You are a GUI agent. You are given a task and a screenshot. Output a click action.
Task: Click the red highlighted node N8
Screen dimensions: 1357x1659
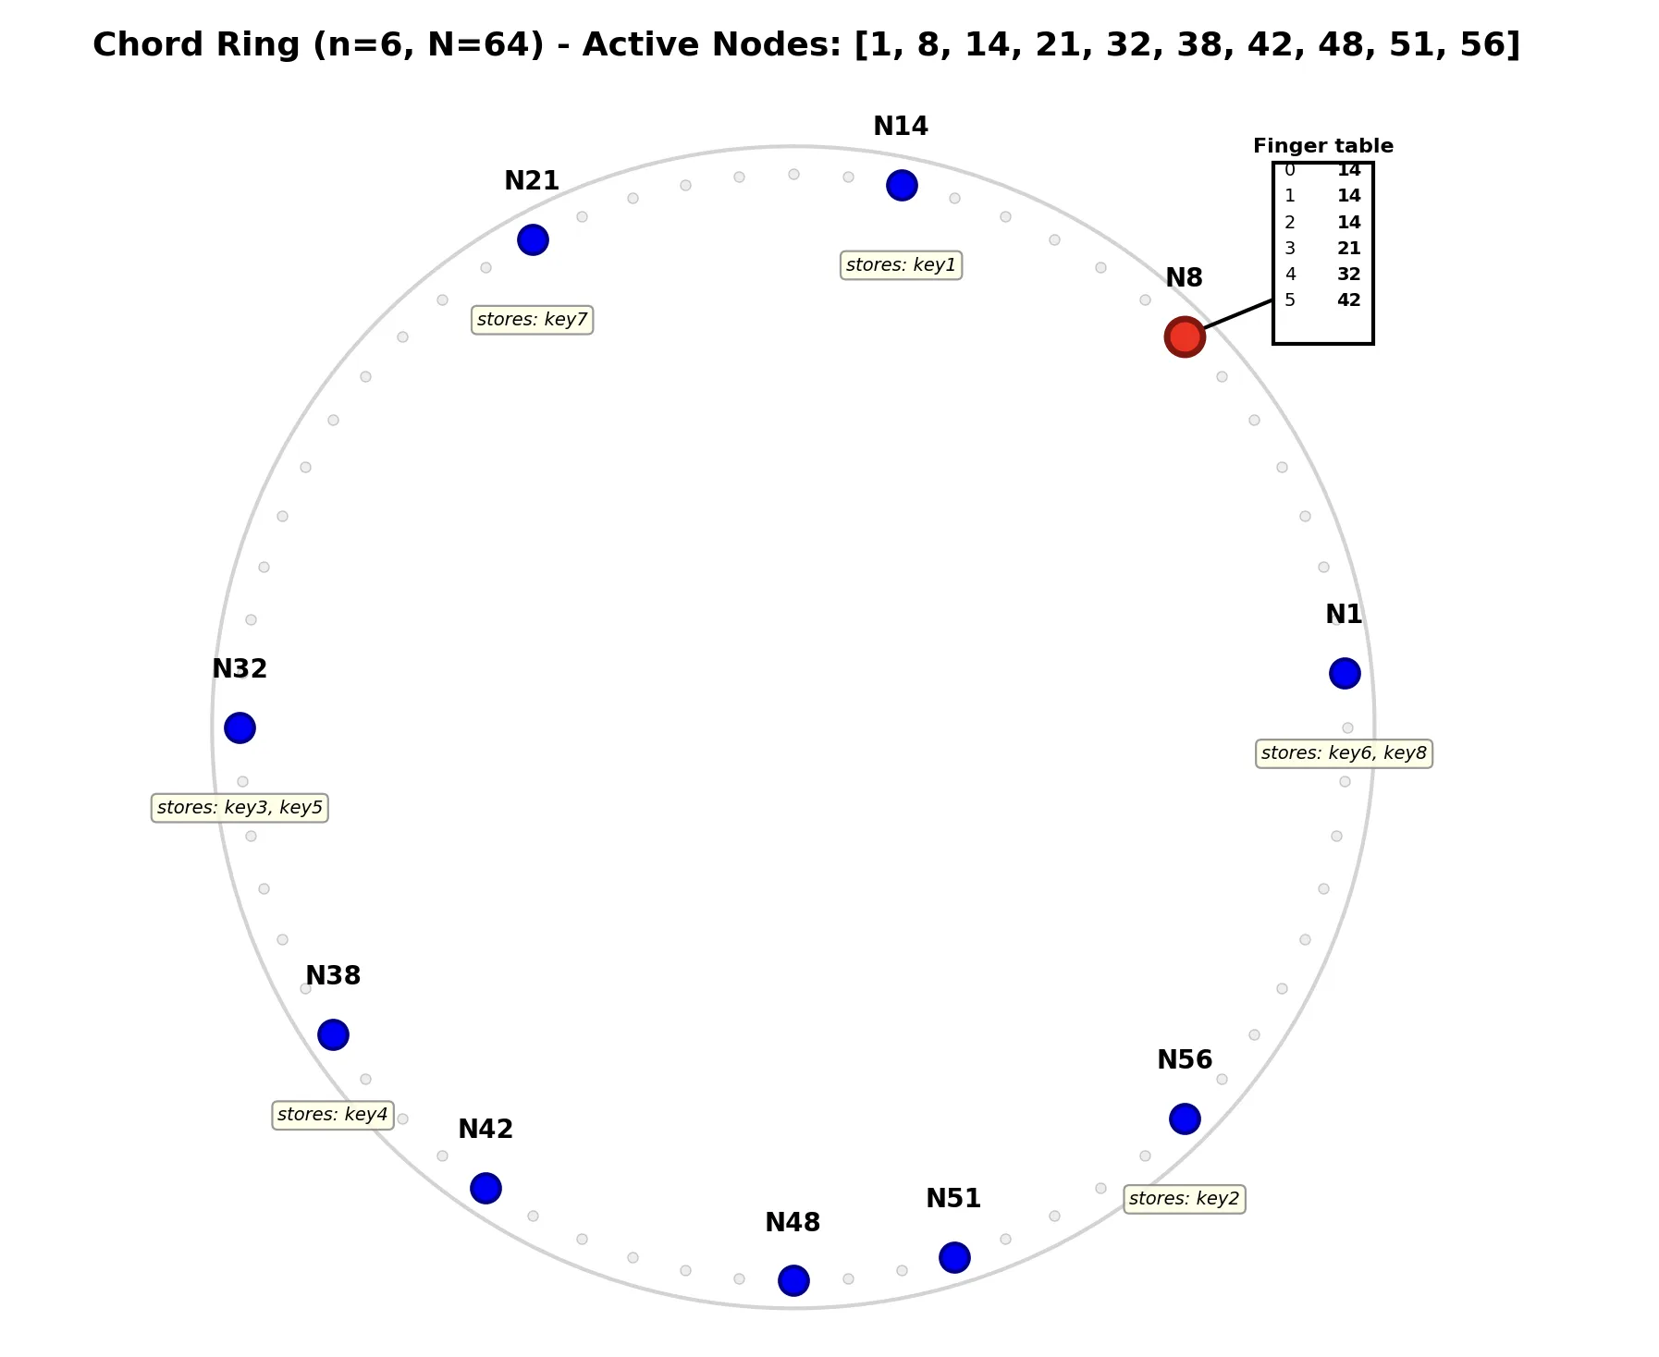(1184, 336)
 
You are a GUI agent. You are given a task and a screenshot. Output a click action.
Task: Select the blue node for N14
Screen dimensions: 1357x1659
(901, 185)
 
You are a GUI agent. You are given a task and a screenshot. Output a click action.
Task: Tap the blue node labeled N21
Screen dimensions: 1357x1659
(532, 239)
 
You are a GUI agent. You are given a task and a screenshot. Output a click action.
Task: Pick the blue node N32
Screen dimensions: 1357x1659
(240, 727)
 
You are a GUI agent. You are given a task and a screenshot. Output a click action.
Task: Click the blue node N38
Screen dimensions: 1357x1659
(333, 1034)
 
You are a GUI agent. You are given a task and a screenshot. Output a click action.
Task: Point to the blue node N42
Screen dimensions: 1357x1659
(485, 1188)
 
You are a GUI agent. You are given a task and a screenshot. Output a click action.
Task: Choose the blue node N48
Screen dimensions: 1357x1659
(793, 1280)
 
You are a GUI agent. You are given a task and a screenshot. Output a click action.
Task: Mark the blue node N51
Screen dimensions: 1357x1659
(953, 1257)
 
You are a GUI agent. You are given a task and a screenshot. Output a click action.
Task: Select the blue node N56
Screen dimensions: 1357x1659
(1184, 1119)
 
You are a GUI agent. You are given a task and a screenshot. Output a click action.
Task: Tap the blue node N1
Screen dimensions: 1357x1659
(1344, 673)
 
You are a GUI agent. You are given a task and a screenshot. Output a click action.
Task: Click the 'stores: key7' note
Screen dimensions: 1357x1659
(532, 320)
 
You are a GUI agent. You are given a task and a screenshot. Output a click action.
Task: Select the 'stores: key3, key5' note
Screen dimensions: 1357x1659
(240, 808)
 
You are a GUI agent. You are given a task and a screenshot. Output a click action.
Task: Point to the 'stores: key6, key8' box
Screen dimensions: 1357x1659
(1344, 753)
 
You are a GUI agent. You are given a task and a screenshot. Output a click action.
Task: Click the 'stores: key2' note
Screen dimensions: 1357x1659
(1184, 1199)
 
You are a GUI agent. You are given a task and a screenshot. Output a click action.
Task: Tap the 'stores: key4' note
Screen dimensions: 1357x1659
(333, 1115)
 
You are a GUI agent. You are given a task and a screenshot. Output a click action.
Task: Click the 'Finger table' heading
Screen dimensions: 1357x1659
(1322, 146)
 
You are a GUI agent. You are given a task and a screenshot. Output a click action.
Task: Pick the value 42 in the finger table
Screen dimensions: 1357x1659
(1348, 300)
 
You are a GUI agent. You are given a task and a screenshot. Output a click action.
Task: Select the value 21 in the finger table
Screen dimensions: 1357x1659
(1348, 248)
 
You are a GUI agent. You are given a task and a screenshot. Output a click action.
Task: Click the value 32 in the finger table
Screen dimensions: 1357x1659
(1348, 274)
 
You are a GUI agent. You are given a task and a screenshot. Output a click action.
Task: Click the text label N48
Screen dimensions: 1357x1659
(793, 1223)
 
